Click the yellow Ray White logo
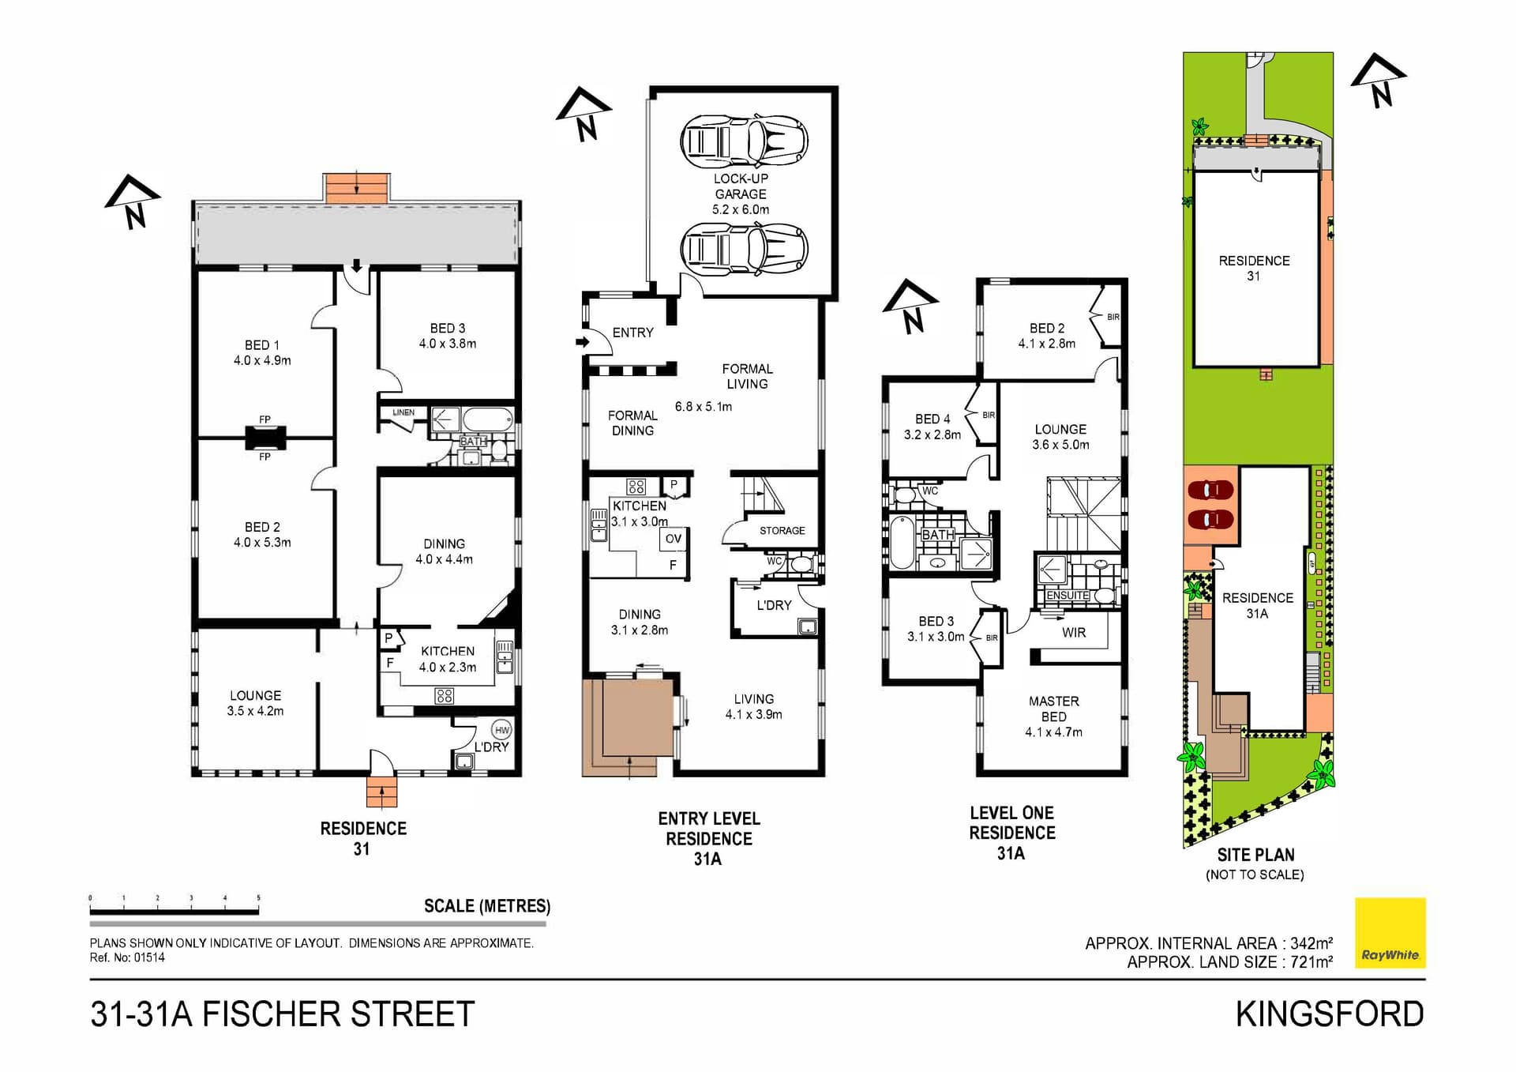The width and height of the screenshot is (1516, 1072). [1390, 933]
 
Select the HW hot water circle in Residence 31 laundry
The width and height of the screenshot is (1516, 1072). [501, 730]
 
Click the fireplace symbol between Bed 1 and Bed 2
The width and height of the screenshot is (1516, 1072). [265, 438]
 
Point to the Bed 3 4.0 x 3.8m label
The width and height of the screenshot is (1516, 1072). [447, 336]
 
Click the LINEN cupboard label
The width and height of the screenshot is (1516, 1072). [403, 412]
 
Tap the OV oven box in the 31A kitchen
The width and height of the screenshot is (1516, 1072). [673, 539]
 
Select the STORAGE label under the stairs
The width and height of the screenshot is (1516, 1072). [782, 531]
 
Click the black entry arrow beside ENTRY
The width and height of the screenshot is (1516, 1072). [583, 342]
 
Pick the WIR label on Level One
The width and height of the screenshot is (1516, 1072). [1073, 633]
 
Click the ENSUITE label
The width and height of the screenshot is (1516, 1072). [1068, 596]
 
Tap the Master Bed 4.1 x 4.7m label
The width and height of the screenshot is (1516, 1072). [1053, 717]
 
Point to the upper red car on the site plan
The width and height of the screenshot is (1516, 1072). [1210, 491]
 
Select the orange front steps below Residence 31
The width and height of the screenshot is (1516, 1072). [381, 792]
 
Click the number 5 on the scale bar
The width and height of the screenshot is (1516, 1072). [258, 898]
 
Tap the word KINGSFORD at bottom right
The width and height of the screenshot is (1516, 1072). [1330, 1014]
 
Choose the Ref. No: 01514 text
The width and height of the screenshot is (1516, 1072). [127, 957]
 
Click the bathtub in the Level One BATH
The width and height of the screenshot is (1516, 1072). [901, 543]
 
